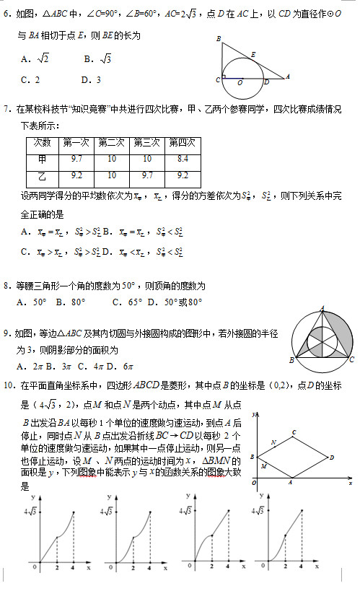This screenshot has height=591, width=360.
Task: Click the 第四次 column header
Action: [x=183, y=142]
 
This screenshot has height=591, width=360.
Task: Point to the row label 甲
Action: [x=42, y=159]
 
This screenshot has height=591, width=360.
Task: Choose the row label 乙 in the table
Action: [x=42, y=175]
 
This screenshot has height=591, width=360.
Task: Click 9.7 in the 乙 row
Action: [x=147, y=175]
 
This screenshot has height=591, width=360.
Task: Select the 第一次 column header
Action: [x=77, y=142]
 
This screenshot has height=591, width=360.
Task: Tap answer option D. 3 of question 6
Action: [x=92, y=80]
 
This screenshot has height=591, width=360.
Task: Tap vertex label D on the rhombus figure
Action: [x=331, y=457]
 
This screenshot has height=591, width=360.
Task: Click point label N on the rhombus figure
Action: [x=273, y=442]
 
